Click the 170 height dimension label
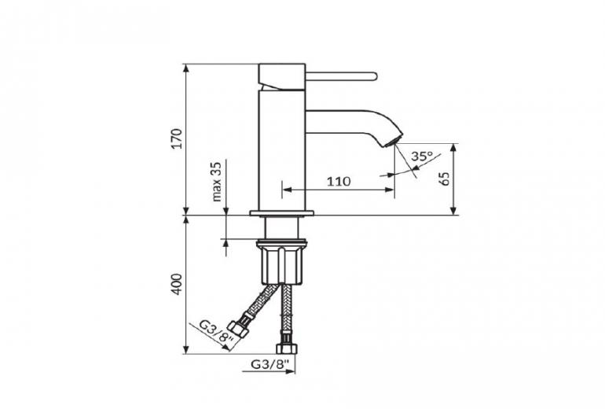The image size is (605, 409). (176, 138)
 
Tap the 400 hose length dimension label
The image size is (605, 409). (176, 284)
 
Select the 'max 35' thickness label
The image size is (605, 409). (217, 182)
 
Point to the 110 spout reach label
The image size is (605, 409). (339, 181)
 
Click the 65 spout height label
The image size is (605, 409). (445, 179)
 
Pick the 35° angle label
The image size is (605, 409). (421, 156)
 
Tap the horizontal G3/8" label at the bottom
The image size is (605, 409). (270, 364)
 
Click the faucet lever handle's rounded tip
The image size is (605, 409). (374, 76)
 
